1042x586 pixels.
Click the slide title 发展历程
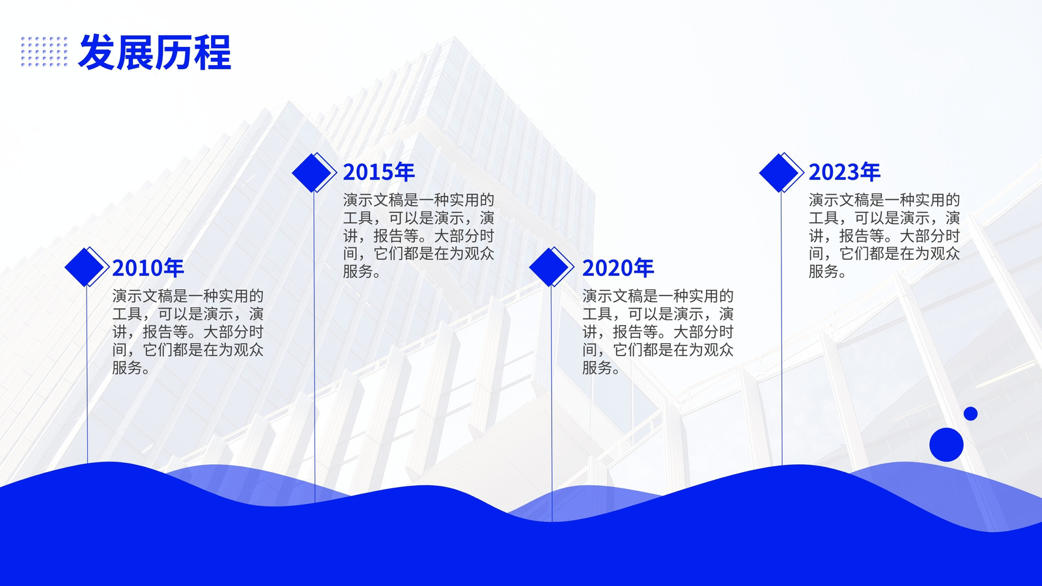pyautogui.click(x=154, y=52)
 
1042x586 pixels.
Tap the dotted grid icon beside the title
pyautogui.click(x=44, y=51)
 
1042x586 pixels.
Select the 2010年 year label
pyautogui.click(x=148, y=268)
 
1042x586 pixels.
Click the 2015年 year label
pyautogui.click(x=378, y=172)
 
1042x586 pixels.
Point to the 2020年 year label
pyautogui.click(x=618, y=268)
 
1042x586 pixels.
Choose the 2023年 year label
pyautogui.click(x=844, y=172)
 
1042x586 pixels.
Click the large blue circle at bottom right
pyautogui.click(x=946, y=445)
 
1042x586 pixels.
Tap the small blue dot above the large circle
pyautogui.click(x=970, y=413)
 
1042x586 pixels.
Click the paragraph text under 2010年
pyautogui.click(x=188, y=331)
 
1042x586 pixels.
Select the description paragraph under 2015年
pyautogui.click(x=419, y=236)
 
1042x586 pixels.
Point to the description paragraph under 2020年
pyautogui.click(x=658, y=331)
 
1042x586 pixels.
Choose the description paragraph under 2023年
pyautogui.click(x=884, y=236)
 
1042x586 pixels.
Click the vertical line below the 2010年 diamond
pyautogui.click(x=87, y=375)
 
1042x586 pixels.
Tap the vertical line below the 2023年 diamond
pyautogui.click(x=781, y=328)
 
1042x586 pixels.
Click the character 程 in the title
pyautogui.click(x=212, y=52)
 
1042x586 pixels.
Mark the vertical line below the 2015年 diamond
pyautogui.click(x=315, y=347)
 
